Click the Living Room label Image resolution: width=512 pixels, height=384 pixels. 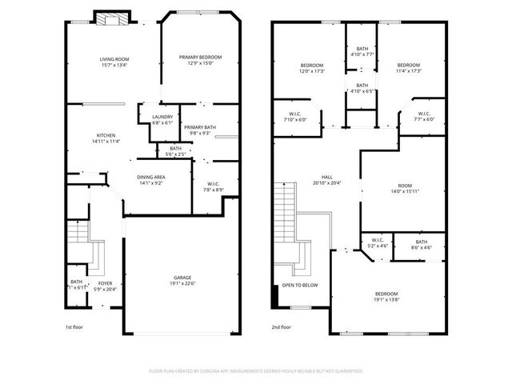114,60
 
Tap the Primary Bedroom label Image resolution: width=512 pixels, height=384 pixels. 200,57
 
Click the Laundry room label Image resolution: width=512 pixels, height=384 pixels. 162,118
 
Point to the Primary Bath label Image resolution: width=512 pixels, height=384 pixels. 199,127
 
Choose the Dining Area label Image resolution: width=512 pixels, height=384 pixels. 151,177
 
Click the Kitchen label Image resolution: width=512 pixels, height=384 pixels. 106,135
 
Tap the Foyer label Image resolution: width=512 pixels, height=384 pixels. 106,282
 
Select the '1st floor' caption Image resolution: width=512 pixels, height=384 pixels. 74,327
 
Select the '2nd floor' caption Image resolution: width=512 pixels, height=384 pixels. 282,327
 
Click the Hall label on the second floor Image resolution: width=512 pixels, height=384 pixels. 326,177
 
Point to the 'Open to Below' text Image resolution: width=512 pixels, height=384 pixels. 299,285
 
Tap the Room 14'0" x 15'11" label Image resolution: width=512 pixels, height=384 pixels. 405,186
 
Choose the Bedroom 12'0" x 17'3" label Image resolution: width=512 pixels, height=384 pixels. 312,66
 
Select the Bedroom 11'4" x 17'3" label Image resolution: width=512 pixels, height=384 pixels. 408,66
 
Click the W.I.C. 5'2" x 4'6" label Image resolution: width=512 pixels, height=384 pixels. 378,240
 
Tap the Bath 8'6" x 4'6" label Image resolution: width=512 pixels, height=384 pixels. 421,240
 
